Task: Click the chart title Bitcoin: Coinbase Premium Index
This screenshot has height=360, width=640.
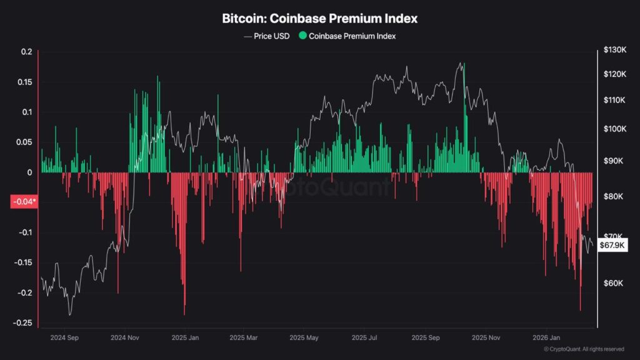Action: click(x=320, y=19)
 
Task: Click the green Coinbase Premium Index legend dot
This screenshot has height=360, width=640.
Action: click(x=303, y=36)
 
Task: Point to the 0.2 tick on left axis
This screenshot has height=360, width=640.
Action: click(x=26, y=52)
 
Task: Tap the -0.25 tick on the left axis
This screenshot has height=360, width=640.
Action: click(x=23, y=323)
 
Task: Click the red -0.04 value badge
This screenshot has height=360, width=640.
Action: click(x=24, y=202)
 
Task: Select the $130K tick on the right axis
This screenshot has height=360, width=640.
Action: click(x=614, y=50)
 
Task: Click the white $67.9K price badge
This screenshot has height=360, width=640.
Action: click(x=612, y=246)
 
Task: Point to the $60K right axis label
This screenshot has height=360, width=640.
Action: click(x=614, y=283)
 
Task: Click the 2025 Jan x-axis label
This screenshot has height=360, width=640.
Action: click(x=186, y=338)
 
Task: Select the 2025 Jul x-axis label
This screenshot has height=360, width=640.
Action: click(x=365, y=338)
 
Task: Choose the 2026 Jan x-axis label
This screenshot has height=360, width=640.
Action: click(x=545, y=338)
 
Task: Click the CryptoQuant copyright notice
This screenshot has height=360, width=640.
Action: click(x=583, y=349)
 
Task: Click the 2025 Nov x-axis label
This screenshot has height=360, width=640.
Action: click(x=486, y=338)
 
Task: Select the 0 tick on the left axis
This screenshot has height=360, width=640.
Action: click(x=29, y=172)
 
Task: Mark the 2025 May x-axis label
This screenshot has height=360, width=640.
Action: click(x=304, y=338)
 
